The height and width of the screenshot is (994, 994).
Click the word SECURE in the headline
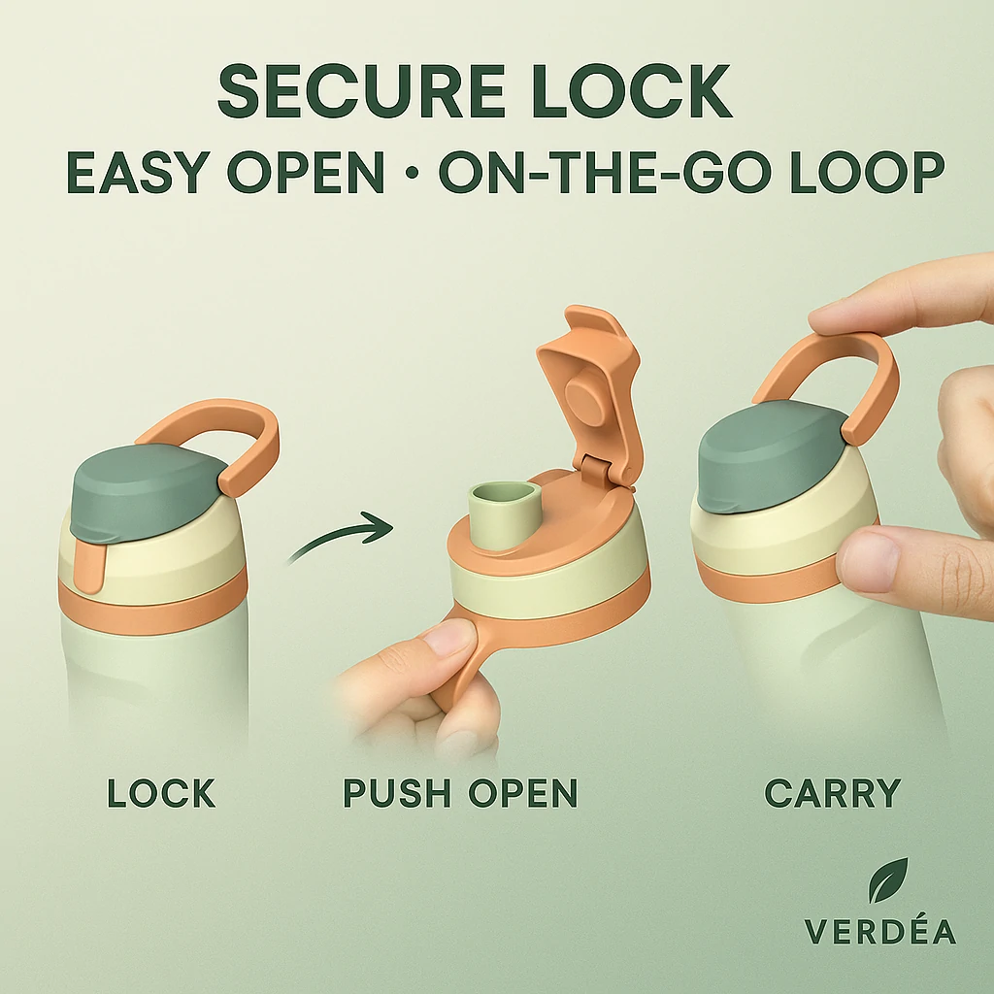click(361, 90)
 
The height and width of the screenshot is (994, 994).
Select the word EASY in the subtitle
click(138, 173)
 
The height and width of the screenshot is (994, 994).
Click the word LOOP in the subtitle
click(867, 173)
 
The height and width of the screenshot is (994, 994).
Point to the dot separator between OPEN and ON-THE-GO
click(412, 173)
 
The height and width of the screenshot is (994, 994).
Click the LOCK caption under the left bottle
click(162, 793)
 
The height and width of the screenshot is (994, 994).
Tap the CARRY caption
click(832, 793)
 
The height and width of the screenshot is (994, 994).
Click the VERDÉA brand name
click(879, 931)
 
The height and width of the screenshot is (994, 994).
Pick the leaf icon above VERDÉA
click(888, 879)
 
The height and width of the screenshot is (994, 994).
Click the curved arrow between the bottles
click(339, 536)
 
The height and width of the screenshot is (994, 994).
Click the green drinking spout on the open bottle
click(505, 514)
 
